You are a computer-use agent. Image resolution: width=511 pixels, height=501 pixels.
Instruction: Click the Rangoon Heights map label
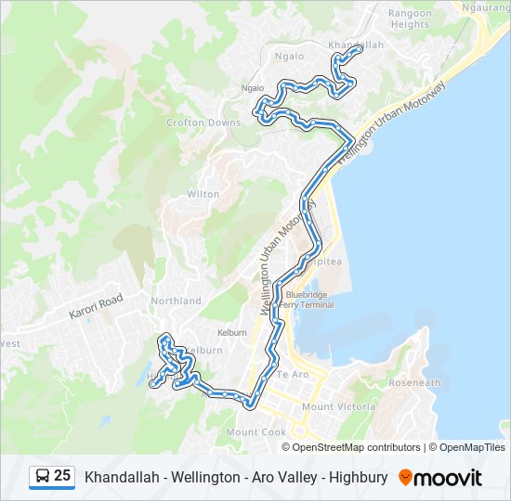(410, 19)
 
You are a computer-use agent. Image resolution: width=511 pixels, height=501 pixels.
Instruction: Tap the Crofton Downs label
(203, 122)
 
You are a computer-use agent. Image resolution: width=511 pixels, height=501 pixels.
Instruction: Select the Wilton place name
(203, 195)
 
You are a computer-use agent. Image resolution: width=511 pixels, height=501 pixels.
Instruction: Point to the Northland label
(177, 301)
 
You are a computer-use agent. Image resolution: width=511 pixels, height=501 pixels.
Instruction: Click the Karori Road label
(96, 308)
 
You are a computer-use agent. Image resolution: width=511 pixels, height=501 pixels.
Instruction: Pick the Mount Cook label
(256, 432)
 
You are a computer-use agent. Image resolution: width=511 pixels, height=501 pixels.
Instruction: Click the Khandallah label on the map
(355, 44)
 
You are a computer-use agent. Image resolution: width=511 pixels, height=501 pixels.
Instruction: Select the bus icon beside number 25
(42, 477)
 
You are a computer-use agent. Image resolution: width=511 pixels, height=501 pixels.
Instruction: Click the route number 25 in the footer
(62, 476)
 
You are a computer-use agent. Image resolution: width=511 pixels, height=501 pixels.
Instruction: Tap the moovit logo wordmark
(448, 478)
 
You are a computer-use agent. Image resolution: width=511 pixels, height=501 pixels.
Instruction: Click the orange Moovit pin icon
(405, 478)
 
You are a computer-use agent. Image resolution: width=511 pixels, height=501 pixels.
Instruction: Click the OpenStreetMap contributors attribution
(357, 447)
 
